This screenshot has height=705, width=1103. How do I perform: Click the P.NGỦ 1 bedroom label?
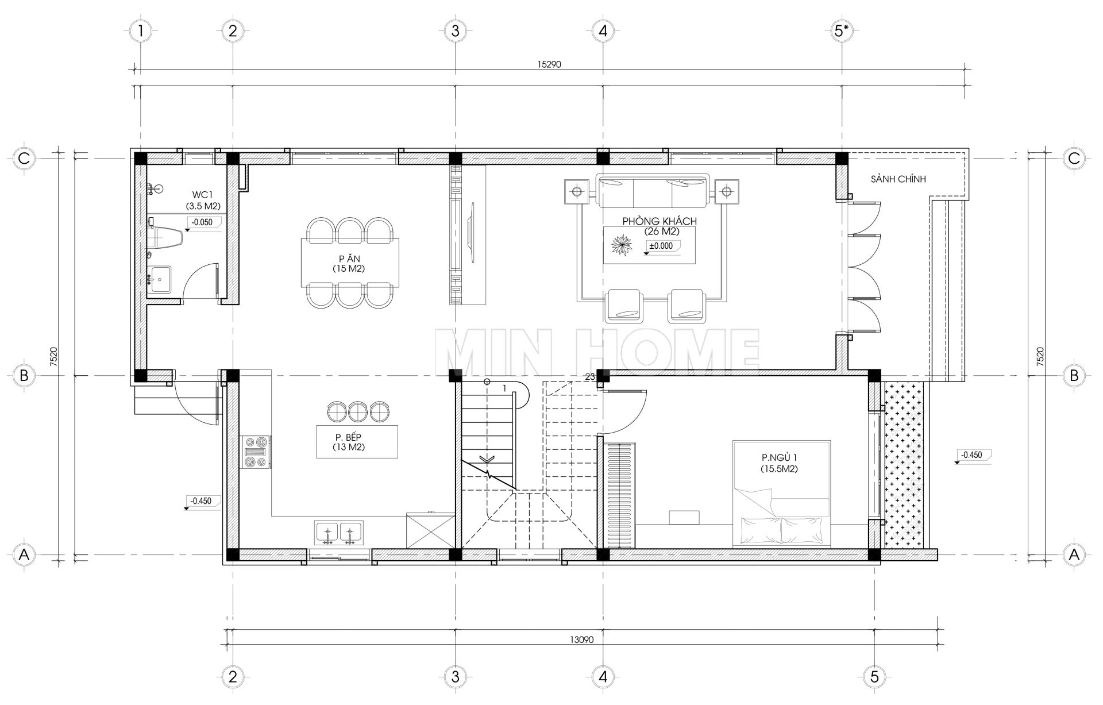(x=780, y=458)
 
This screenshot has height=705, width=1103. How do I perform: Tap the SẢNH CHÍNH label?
(x=898, y=179)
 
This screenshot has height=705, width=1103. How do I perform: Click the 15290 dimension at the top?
(x=549, y=65)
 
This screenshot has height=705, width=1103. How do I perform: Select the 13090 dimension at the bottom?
(x=581, y=639)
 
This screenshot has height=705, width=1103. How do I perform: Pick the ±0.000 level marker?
(x=660, y=246)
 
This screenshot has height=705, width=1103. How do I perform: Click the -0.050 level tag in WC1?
(x=202, y=222)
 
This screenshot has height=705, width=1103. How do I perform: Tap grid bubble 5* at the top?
(x=842, y=30)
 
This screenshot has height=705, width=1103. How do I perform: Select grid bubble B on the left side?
(x=24, y=376)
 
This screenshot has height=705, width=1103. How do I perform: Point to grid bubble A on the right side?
(x=1074, y=555)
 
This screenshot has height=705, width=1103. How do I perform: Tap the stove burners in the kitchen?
(x=256, y=452)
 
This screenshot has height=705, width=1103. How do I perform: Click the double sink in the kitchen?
(x=338, y=533)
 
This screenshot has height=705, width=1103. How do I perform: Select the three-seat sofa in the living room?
(x=652, y=191)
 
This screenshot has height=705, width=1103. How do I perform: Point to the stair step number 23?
(x=589, y=377)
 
